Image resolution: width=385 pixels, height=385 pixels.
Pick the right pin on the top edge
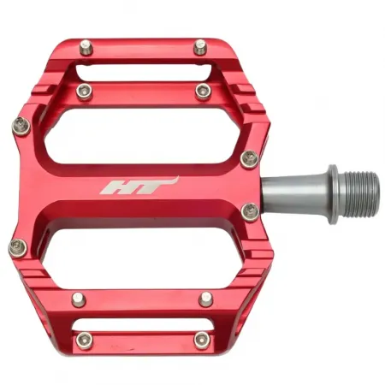click(200, 46)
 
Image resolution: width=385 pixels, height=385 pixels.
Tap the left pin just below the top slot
click(83, 91)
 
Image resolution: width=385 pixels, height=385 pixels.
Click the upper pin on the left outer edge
click(21, 127)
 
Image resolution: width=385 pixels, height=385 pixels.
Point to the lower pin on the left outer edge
click(18, 249)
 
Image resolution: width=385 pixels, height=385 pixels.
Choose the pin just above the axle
click(249, 157)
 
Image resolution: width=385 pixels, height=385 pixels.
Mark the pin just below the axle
click(250, 210)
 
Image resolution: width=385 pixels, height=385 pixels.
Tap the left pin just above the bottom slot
click(79, 298)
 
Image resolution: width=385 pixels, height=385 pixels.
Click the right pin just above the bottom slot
click(206, 298)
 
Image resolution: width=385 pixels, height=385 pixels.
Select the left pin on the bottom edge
click(83, 340)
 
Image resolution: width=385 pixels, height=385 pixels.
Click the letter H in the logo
click(116, 187)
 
